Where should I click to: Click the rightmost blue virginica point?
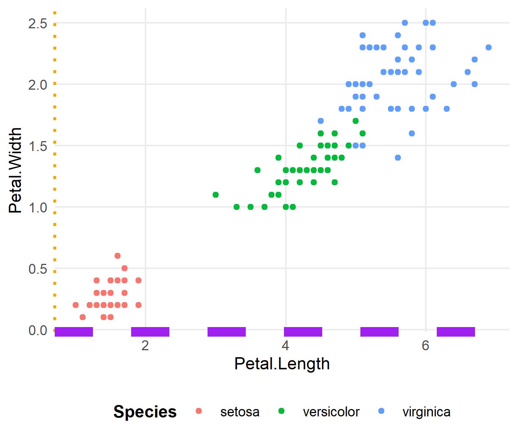[488, 47]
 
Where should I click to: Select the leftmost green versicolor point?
[216, 194]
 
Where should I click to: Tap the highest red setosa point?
[118, 256]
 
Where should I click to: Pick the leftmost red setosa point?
[76, 305]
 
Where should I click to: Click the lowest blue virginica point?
[398, 158]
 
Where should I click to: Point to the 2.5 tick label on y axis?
[38, 24]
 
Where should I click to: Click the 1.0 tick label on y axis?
[38, 207]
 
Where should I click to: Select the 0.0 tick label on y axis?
[38, 330]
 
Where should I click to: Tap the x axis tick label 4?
[285, 346]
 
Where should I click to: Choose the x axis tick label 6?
[425, 346]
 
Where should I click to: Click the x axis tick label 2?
[145, 346]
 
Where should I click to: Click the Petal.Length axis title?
[282, 364]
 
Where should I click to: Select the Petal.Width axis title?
[16, 170]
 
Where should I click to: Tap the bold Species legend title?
[145, 412]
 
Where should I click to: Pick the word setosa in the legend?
[240, 412]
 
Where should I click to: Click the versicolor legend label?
[331, 412]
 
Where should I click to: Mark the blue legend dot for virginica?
[381, 411]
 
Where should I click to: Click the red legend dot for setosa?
[199, 411]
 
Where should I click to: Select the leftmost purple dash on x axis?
[74, 332]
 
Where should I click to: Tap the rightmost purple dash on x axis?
[456, 332]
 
